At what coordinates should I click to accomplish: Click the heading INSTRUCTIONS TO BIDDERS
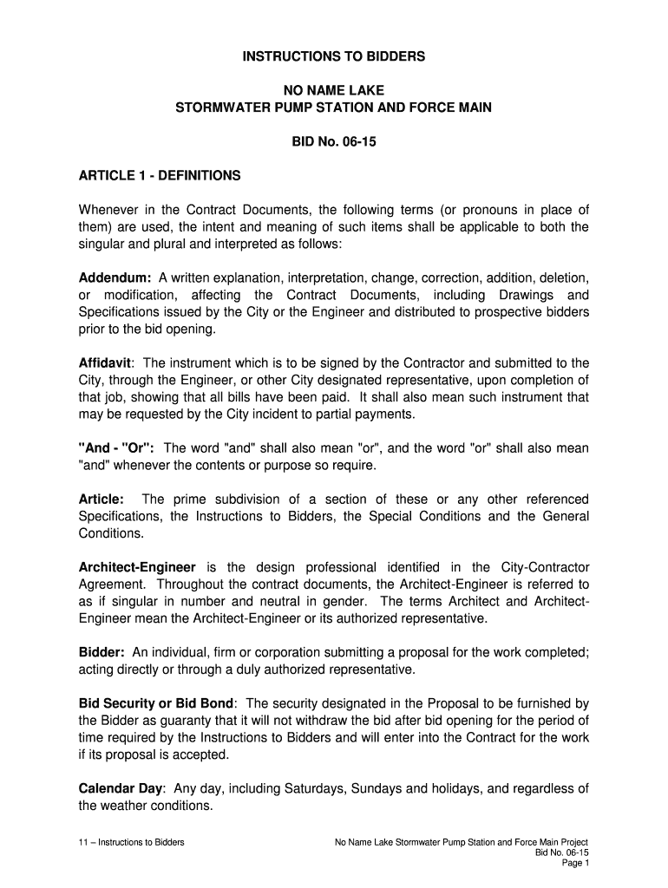[x=334, y=57]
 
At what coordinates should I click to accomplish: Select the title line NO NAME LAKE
[x=334, y=91]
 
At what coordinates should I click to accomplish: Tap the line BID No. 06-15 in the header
[x=334, y=141]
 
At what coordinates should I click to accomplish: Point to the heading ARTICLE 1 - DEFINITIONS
[x=160, y=176]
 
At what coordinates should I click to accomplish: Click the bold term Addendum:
[x=115, y=277]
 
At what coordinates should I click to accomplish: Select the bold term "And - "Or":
[x=116, y=448]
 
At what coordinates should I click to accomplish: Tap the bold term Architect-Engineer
[x=137, y=566]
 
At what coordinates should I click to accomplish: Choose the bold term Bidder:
[x=102, y=651]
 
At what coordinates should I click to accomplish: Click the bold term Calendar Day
[x=121, y=788]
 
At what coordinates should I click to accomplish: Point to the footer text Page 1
[x=576, y=864]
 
